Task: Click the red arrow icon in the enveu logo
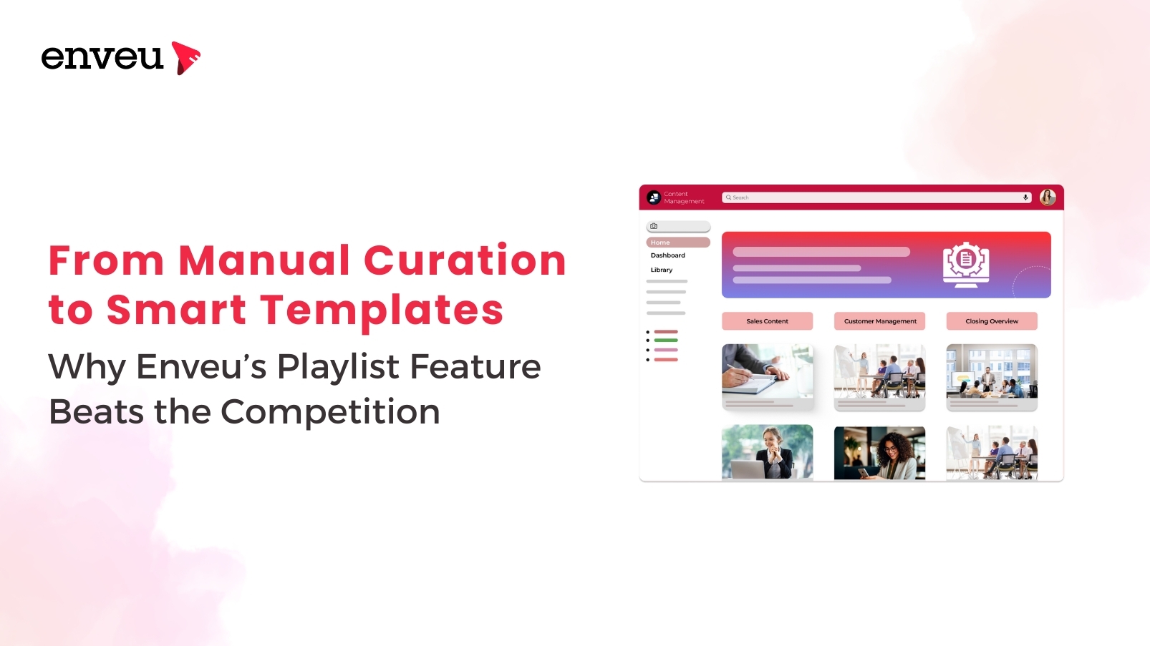click(185, 58)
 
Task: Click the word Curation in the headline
click(465, 260)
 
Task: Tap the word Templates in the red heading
click(382, 310)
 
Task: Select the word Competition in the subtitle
click(330, 412)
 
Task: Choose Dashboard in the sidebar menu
click(667, 255)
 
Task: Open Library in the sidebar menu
click(661, 270)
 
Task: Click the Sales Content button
click(767, 321)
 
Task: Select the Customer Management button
click(879, 321)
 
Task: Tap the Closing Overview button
click(992, 321)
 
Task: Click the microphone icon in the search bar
click(1025, 197)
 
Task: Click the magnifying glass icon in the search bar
click(728, 197)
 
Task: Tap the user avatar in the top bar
click(1048, 197)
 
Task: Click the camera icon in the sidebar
click(654, 226)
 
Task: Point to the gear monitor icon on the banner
click(966, 264)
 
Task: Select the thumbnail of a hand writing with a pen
click(767, 371)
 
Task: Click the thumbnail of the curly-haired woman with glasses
click(879, 453)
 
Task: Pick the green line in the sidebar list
click(666, 341)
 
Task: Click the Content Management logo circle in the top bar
click(654, 197)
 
